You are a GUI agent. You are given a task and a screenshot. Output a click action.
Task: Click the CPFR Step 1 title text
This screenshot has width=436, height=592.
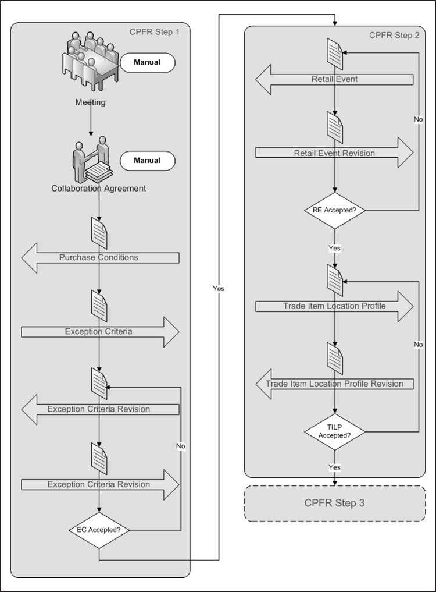click(x=155, y=31)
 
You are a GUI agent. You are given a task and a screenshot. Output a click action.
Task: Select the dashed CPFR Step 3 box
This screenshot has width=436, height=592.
click(x=335, y=504)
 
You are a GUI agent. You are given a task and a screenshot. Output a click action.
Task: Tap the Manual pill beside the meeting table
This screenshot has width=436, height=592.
click(x=146, y=62)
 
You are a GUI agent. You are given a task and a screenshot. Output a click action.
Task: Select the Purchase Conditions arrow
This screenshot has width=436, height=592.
click(x=99, y=257)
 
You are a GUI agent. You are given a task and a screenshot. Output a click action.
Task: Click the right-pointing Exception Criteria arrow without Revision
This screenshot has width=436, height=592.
click(x=99, y=332)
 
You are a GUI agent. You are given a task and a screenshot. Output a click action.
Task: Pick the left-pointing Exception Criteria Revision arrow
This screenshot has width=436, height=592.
click(x=99, y=409)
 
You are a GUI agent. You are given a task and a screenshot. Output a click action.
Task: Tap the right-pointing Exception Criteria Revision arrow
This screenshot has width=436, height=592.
click(x=99, y=484)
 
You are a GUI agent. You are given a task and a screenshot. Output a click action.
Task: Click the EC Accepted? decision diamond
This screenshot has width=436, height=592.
click(x=99, y=530)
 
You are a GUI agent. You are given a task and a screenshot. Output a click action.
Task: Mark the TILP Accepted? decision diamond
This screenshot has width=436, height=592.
click(x=335, y=432)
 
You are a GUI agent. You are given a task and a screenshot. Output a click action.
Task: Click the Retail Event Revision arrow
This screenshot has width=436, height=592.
click(x=335, y=153)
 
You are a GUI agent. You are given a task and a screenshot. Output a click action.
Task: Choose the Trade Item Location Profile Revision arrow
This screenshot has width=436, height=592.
click(x=335, y=384)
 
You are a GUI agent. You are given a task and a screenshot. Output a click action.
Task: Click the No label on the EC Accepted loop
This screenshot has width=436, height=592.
click(x=181, y=446)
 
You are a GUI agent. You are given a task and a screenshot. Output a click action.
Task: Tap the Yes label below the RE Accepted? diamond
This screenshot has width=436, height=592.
click(x=335, y=248)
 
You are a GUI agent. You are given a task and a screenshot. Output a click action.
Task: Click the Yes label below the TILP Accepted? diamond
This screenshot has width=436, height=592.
click(x=335, y=467)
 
